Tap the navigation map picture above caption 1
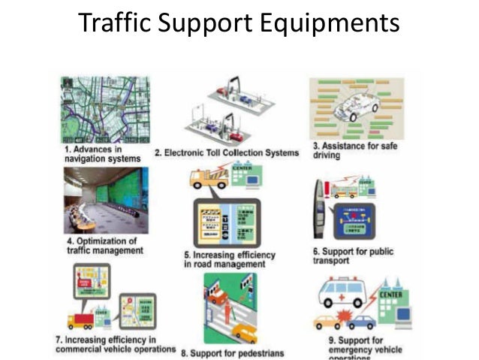105,110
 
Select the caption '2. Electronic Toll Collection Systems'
227,153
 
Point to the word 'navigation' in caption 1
89,159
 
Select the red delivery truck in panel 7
81,321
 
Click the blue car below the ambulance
362,322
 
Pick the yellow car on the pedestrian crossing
244,331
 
